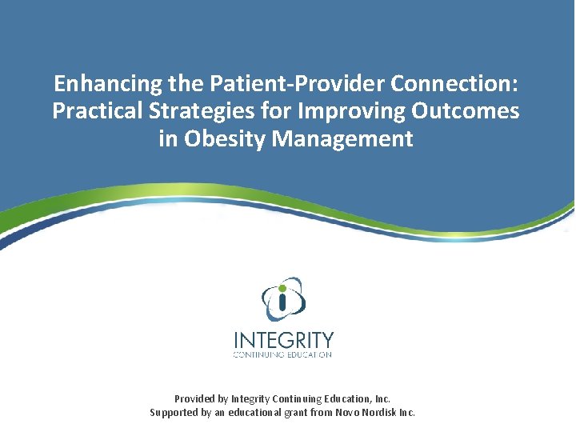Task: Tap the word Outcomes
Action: click(x=463, y=111)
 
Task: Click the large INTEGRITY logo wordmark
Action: click(x=284, y=339)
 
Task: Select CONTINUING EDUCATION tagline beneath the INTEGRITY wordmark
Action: click(x=283, y=354)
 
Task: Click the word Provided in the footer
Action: click(x=195, y=398)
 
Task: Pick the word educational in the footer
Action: click(x=271, y=413)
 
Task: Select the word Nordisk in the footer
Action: click(x=397, y=413)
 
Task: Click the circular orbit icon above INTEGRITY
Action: click(x=284, y=298)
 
